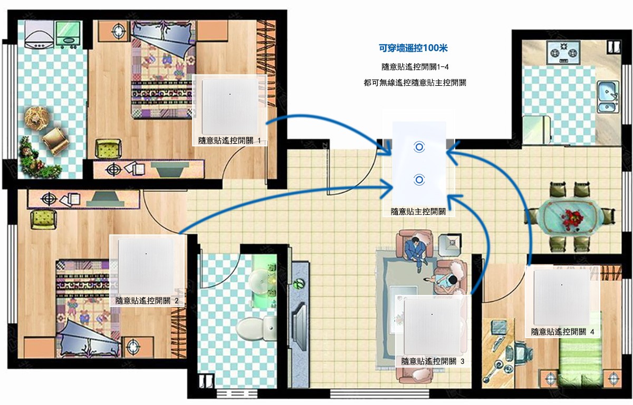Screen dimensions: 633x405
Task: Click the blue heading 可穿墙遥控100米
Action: pos(413,48)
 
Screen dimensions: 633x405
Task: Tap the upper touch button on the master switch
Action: pos(419,147)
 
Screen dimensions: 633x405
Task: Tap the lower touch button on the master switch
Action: pos(419,180)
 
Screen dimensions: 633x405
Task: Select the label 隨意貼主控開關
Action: pos(418,211)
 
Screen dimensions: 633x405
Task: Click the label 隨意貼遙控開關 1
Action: pos(229,140)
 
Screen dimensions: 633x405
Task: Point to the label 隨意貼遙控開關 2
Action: pos(147,301)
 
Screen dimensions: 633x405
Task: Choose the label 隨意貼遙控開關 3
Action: pos(433,361)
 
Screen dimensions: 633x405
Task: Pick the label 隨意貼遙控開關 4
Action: pos(562,332)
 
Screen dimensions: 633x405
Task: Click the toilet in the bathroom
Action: pos(256,328)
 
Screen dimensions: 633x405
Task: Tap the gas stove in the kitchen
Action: pos(563,52)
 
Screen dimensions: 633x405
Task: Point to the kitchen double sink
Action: pos(607,96)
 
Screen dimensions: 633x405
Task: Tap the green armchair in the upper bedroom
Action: pos(108,149)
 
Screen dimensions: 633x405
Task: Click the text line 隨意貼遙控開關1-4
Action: pos(415,67)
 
